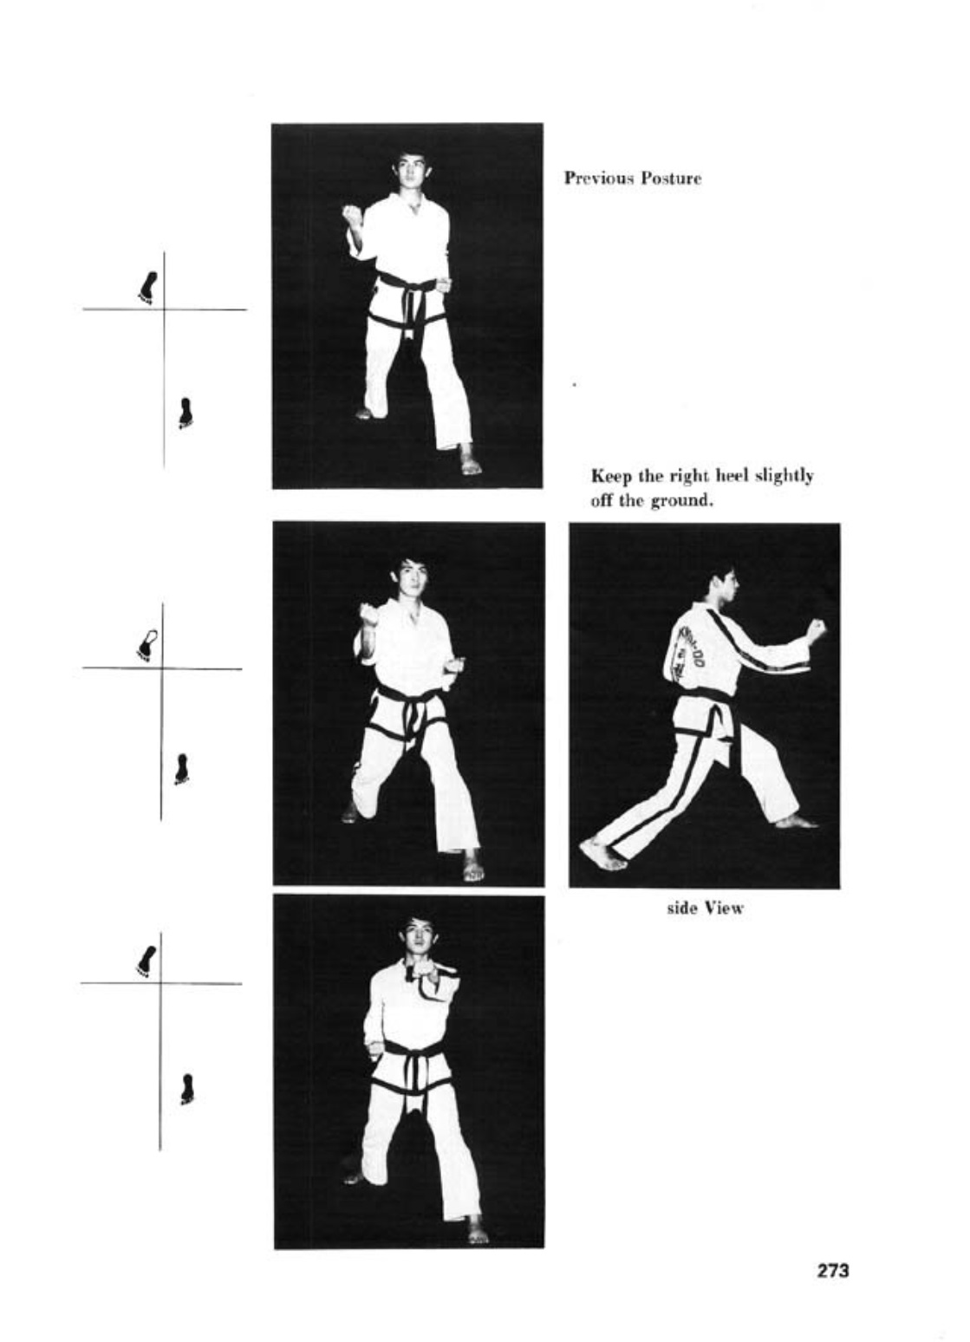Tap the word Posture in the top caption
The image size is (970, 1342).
coord(670,179)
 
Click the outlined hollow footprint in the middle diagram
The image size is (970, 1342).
coord(146,645)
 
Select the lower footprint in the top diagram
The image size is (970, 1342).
coord(186,414)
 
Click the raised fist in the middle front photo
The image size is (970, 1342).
coord(369,614)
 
